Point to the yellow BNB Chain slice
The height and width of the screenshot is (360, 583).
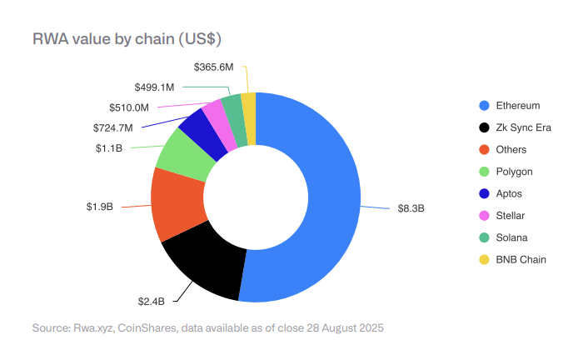(248, 107)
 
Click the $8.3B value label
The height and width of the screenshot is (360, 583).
(411, 208)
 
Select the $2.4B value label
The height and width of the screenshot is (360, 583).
(151, 300)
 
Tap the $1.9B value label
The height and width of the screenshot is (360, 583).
(99, 207)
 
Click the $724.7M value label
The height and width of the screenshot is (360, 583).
(113, 127)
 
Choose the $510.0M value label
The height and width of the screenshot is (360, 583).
(129, 107)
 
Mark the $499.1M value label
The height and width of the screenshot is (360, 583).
(154, 87)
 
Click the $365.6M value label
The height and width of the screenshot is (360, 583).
(213, 66)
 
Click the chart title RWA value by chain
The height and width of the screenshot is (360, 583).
(126, 38)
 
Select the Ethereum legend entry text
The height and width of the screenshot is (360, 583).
(518, 106)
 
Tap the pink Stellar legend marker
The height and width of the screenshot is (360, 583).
(484, 216)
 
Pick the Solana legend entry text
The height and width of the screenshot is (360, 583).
(511, 237)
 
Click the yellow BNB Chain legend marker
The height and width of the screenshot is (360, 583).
(484, 259)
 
